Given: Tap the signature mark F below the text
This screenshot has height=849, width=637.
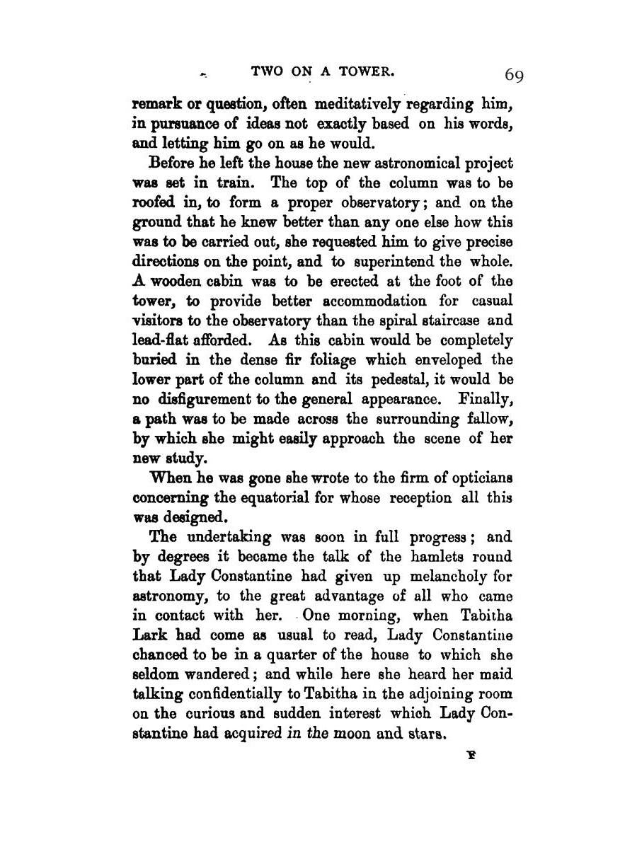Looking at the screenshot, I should (469, 755).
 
